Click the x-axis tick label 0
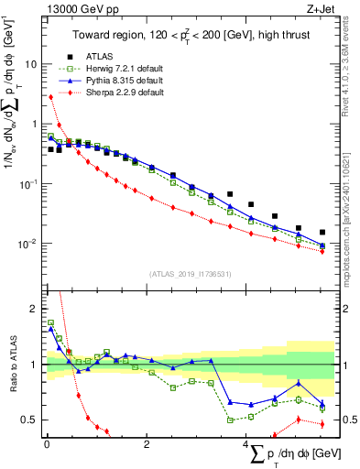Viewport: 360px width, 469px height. (47, 444)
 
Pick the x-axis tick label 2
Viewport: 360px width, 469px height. (147, 444)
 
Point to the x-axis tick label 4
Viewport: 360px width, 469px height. (246, 444)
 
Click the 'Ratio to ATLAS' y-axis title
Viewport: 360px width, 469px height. (11, 365)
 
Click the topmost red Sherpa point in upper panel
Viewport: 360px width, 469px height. (50, 96)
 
